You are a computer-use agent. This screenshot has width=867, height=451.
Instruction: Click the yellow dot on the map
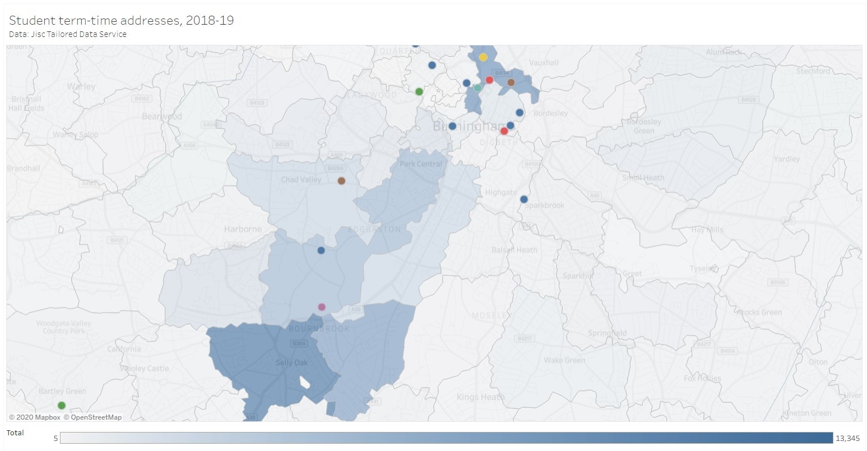pos(483,57)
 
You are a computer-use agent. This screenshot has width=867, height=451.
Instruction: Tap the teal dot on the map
pos(477,88)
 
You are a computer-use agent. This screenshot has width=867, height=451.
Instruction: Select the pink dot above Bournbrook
pos(322,307)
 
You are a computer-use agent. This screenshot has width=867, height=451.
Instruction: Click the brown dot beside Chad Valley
pos(341,181)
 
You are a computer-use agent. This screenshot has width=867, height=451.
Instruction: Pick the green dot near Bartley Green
pos(62,406)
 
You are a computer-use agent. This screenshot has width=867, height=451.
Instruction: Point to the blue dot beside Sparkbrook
pos(524,199)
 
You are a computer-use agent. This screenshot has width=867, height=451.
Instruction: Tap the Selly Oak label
pos(291,363)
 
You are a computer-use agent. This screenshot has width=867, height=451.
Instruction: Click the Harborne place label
pos(243,229)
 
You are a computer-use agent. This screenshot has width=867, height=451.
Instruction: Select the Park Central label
pos(421,164)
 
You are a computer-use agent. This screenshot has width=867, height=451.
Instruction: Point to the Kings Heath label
pos(480,397)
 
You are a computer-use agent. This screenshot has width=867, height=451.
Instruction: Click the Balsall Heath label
pos(514,250)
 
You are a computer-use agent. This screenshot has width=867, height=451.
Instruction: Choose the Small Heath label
pos(643,178)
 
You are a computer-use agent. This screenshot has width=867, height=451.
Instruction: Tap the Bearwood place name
pos(162,117)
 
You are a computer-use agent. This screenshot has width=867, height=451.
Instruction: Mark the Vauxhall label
pos(544,63)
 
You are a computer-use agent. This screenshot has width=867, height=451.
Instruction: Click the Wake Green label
pos(564,360)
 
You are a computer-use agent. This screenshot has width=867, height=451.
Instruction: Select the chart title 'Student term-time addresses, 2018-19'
pos(122,21)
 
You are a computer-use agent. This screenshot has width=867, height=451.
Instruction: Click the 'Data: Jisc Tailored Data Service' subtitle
pos(68,34)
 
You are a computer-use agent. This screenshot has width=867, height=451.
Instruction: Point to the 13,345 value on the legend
pos(847,438)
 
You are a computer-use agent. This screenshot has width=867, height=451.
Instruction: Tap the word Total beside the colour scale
pos(15,433)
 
